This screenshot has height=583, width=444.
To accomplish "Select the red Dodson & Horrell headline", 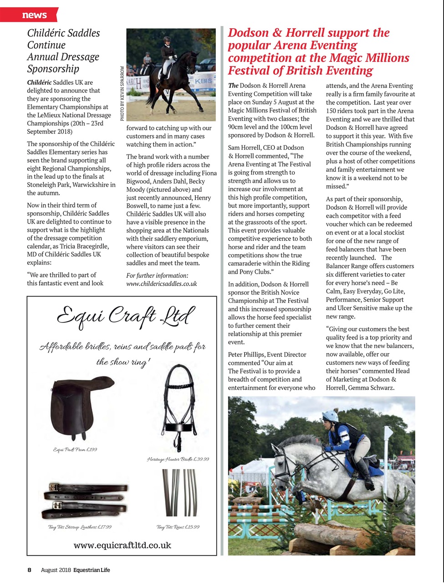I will (x=318, y=51).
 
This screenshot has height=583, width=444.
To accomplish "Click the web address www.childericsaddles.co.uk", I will (x=161, y=283).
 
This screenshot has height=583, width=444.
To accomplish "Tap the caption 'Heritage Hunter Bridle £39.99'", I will (x=178, y=459).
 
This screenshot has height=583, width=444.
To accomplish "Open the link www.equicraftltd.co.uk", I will (x=122, y=545).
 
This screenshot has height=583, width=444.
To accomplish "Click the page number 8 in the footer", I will (x=29, y=570).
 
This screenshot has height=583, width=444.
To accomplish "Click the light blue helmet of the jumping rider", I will (x=330, y=415).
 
